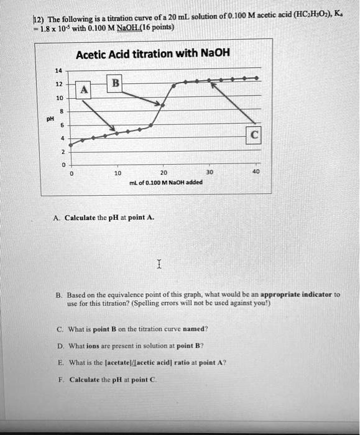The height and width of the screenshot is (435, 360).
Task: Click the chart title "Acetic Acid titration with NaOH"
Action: (x=152, y=54)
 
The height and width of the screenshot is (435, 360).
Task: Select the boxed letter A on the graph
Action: (x=84, y=91)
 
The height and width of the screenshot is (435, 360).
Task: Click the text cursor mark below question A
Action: (x=160, y=265)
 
